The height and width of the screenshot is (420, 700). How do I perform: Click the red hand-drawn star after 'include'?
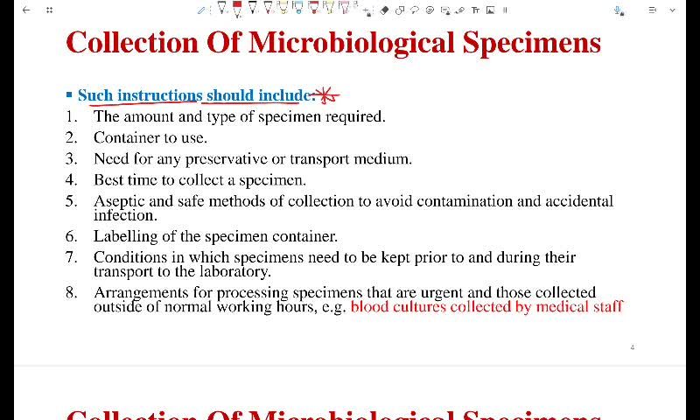click(326, 95)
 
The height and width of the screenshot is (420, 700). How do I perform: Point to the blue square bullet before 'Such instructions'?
click(69, 94)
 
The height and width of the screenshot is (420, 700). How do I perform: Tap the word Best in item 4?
click(108, 180)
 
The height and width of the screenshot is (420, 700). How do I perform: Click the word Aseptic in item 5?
click(119, 201)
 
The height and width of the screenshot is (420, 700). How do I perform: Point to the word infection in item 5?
click(125, 215)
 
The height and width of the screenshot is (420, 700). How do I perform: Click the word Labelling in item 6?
click(125, 236)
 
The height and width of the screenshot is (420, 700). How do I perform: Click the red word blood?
click(368, 307)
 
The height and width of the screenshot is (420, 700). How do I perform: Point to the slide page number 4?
click(632, 347)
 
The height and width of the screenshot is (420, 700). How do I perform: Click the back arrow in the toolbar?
click(25, 10)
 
